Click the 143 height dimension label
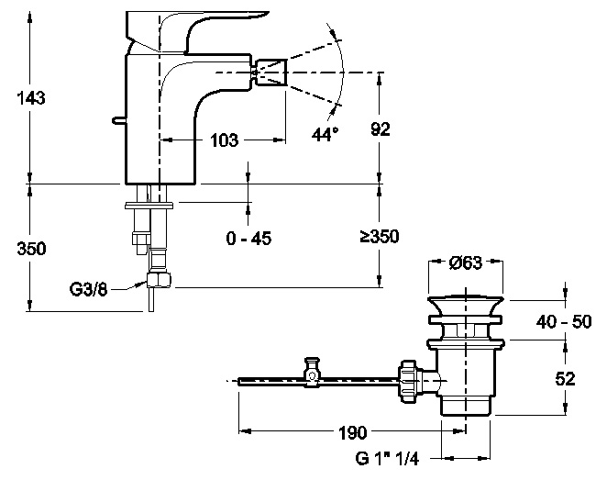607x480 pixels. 31,97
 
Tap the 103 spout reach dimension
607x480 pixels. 224,140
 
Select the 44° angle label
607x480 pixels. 325,134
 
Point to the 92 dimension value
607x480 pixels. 381,129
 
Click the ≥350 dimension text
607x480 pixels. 380,236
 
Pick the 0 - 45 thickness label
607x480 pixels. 248,238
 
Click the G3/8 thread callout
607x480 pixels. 88,289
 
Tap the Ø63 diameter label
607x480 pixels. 466,263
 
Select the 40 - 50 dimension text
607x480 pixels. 564,321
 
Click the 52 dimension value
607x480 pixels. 565,378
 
